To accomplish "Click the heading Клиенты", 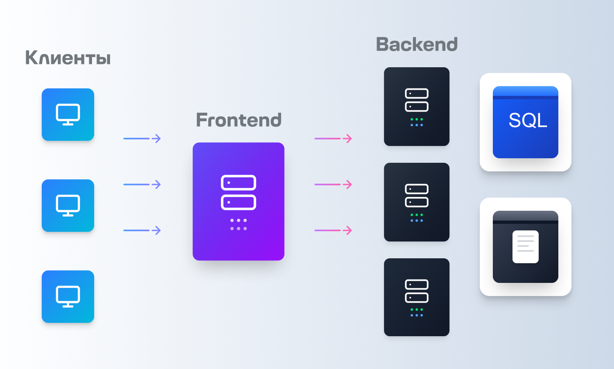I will [x=68, y=58].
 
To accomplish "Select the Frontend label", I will [x=239, y=120].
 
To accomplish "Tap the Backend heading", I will [x=417, y=45].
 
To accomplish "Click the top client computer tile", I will [x=68, y=114].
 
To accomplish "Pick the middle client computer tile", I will [x=68, y=205].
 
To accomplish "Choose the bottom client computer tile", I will [x=68, y=296].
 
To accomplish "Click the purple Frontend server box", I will [x=239, y=201].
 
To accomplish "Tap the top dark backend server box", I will [x=417, y=106].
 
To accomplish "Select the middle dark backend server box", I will [x=417, y=202].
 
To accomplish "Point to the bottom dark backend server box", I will [x=417, y=297].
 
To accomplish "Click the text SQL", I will [x=528, y=121].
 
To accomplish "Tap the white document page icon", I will [x=526, y=247].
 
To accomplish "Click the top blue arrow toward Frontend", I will [x=142, y=139].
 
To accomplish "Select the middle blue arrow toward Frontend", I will [x=142, y=184].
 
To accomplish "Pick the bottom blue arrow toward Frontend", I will [x=142, y=230].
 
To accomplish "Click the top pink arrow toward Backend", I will [x=333, y=139].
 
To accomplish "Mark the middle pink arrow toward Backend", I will [x=333, y=184].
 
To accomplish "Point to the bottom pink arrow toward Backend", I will [x=333, y=230].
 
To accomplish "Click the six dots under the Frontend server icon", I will [x=239, y=224].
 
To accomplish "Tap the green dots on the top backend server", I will [x=417, y=119].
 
